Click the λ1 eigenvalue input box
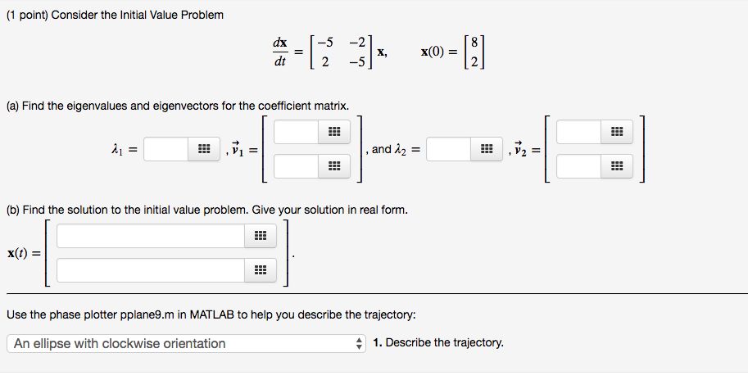167,149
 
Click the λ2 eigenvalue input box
448,149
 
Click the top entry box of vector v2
578,132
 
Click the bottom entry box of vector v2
578,167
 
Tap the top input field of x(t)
151,236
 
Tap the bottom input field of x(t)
151,270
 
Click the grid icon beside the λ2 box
486,149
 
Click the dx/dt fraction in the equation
280,51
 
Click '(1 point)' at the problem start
26,16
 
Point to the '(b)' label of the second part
13,210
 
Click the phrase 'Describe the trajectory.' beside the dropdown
445,343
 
